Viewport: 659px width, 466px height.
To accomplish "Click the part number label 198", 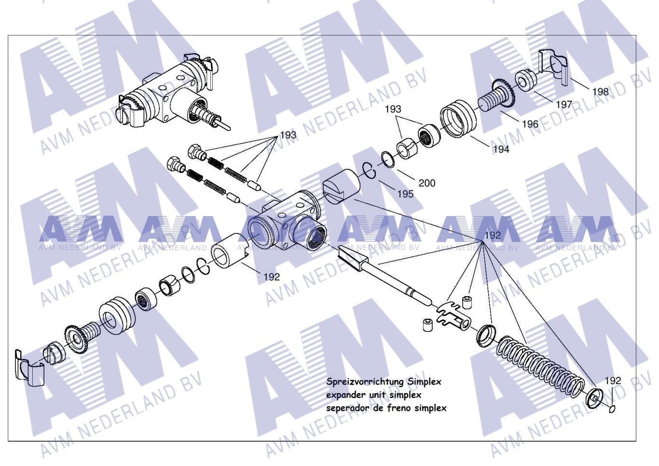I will click(600, 92).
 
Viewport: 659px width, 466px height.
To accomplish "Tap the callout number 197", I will click(563, 104).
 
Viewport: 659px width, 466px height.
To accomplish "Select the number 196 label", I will click(530, 124).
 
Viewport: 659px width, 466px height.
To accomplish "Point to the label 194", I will click(501, 150).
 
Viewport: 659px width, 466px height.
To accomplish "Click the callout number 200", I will click(426, 183).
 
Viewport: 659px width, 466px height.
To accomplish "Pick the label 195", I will click(405, 194).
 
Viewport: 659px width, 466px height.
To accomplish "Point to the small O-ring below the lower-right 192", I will click(612, 409).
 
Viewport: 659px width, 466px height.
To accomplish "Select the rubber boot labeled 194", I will click(458, 118).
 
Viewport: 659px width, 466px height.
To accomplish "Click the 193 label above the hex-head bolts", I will click(288, 135).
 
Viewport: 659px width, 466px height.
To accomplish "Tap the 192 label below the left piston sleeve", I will click(272, 277).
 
